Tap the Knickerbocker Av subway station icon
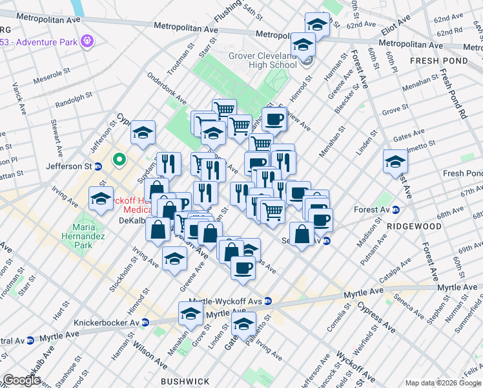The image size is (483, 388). click(x=146, y=322)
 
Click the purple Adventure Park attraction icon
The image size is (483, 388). click(x=88, y=42)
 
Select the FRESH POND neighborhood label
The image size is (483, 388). click(x=433, y=60)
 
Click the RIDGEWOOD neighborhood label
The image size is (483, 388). click(x=415, y=226)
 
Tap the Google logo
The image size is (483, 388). click(x=21, y=380)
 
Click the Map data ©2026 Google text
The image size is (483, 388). click(x=443, y=383)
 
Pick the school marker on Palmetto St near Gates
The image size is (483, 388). click(x=243, y=323)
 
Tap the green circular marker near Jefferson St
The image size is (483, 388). click(x=119, y=158)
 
